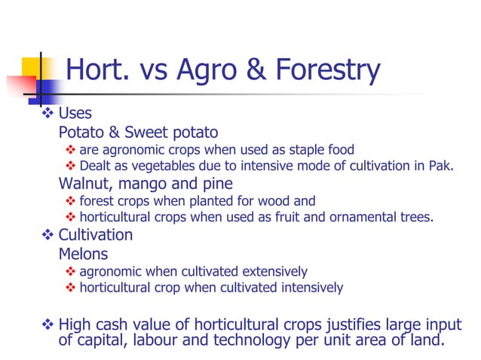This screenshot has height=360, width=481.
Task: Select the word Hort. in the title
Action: pyautogui.click(x=98, y=70)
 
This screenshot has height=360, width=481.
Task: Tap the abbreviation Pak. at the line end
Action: pyautogui.click(x=441, y=166)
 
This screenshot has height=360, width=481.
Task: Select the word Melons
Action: pyautogui.click(x=83, y=254)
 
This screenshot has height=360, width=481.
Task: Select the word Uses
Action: pyautogui.click(x=75, y=114)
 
